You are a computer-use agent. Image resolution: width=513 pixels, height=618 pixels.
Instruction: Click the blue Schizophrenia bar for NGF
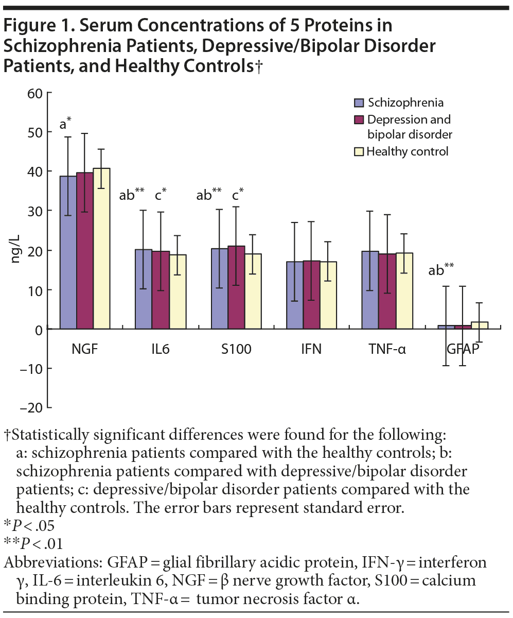[68, 252]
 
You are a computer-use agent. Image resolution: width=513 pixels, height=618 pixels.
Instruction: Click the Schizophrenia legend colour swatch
[359, 102]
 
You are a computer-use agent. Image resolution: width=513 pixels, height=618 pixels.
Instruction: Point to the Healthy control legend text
[408, 151]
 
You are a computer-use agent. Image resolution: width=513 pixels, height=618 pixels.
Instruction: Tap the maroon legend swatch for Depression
[359, 119]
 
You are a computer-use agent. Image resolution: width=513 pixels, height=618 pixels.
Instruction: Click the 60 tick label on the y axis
[34, 93]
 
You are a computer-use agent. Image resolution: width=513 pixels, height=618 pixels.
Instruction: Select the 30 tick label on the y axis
[34, 211]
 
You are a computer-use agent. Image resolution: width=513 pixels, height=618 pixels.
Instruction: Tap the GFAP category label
[462, 350]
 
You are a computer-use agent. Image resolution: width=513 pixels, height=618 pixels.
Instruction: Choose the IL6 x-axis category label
[161, 350]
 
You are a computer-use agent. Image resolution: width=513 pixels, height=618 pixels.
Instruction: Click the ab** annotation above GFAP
[441, 269]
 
